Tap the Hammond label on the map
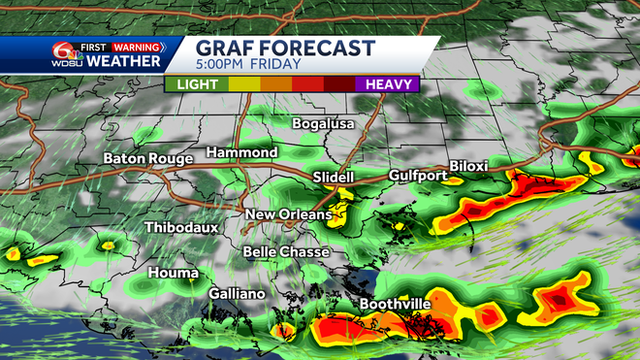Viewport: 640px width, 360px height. point(241,152)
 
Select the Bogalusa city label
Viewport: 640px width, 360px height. point(324,123)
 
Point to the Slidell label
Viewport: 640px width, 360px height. point(335,178)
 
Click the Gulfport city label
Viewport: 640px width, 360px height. point(418,176)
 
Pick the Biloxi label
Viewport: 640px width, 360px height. point(469,166)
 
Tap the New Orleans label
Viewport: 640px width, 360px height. point(288,214)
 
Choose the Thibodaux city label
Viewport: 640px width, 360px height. point(180,227)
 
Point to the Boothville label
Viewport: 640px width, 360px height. point(395,304)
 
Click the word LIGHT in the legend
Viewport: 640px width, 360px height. point(197,83)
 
